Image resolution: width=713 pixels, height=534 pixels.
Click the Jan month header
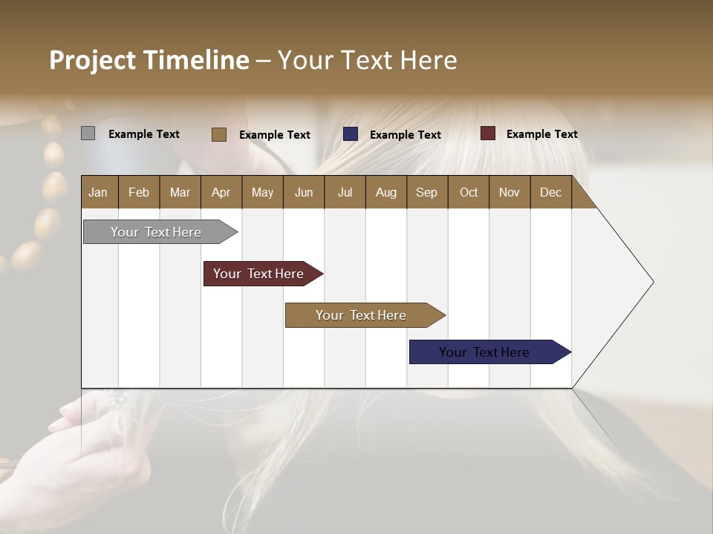(98, 192)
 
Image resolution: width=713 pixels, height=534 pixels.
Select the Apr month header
(221, 192)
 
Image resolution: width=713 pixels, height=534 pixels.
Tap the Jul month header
(345, 192)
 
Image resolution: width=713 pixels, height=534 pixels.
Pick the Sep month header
(426, 192)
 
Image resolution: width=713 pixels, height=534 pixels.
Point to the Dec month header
(550, 192)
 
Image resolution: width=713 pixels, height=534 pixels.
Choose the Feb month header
(139, 192)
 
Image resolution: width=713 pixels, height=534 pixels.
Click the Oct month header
(469, 192)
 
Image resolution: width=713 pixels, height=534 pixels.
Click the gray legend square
(88, 133)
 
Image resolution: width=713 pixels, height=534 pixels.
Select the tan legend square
(218, 134)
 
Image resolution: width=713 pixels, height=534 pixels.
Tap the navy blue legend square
(350, 134)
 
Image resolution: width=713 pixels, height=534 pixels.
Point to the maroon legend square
(487, 133)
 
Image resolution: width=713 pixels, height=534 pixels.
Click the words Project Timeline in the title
(149, 60)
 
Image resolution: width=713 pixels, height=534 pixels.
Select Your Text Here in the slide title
(367, 60)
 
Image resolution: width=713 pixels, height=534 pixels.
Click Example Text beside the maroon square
(541, 134)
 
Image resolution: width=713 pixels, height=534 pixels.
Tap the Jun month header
(304, 192)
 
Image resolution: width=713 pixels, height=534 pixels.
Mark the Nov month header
(509, 192)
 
